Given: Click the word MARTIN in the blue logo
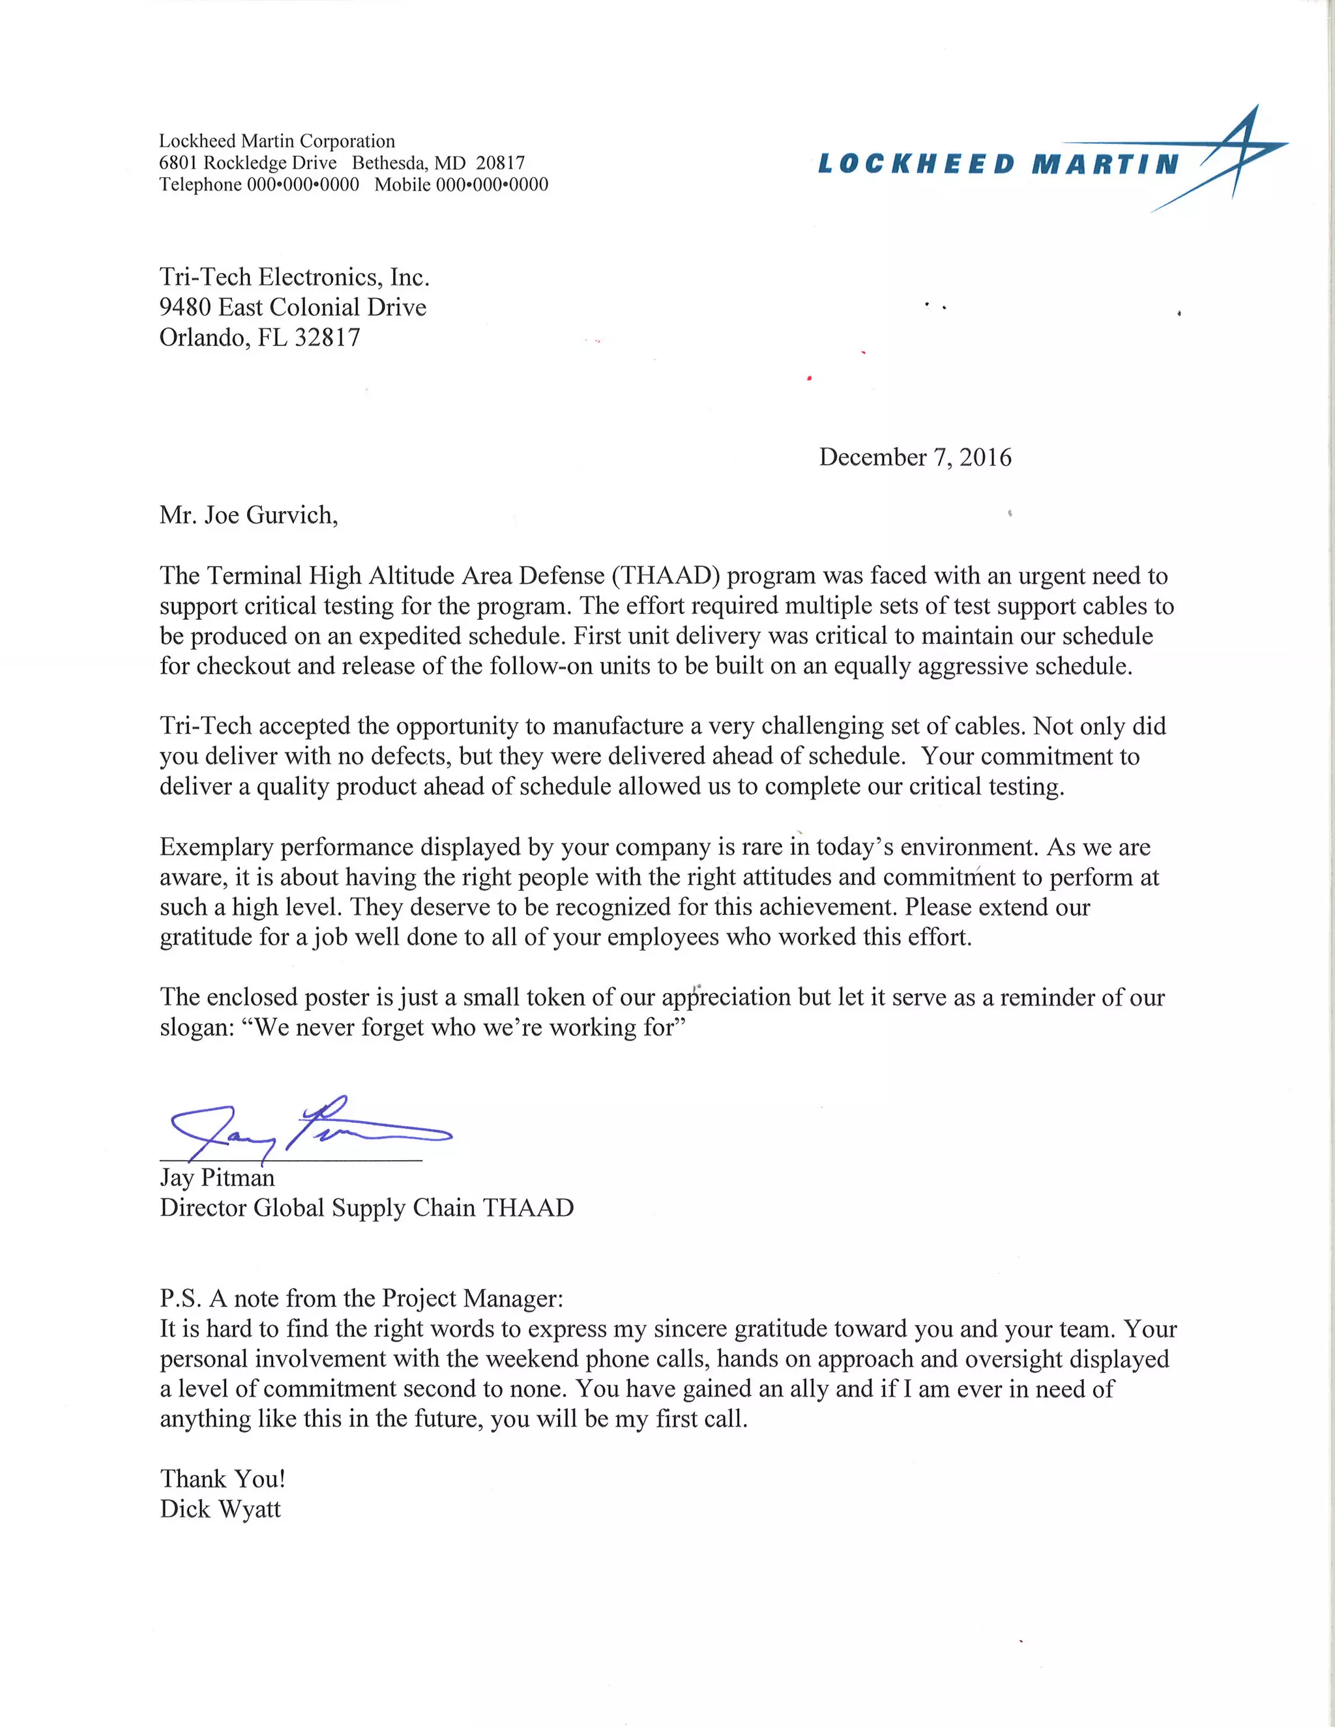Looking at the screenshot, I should coord(1105,164).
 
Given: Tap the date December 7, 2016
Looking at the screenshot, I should coord(915,457).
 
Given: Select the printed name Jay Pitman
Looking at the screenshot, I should coord(218,1178).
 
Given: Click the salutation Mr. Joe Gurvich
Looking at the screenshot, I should coord(248,515).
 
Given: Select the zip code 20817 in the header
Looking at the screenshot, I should coord(500,163).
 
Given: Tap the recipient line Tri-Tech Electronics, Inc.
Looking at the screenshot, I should coord(294,277).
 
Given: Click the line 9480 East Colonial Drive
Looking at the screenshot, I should coord(293,307).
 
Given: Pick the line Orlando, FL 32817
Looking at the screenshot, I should coord(259,338).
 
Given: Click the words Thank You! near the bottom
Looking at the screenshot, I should coord(222,1479).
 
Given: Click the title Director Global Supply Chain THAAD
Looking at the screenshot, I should coord(366,1208).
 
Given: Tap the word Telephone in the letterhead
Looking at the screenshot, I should coord(201,184).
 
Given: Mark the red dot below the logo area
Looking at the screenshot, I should coord(809,379).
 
